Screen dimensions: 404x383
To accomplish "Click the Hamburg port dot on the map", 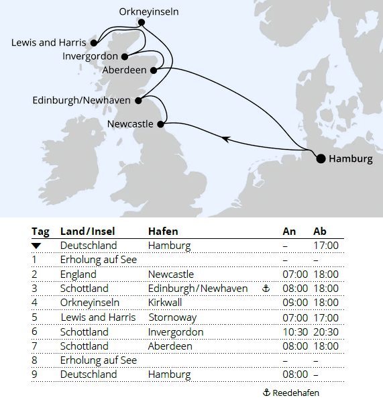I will (321, 158).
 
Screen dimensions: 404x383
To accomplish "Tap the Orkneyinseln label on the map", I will (149, 12).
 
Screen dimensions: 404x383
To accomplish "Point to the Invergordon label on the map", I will (90, 56).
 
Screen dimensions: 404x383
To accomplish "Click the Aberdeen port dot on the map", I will (154, 70).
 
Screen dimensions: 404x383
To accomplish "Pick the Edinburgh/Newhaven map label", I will (81, 101).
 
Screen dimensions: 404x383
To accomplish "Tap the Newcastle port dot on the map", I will (161, 124).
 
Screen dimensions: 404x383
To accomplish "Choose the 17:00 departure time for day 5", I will (326, 317).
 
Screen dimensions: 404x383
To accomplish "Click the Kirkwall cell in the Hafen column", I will (165, 303).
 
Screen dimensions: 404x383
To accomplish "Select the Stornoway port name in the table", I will (172, 317).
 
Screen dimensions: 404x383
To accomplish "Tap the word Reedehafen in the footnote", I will (295, 393).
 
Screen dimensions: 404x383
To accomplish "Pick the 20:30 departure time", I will (326, 332).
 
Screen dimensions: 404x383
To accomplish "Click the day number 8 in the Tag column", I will (34, 360).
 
